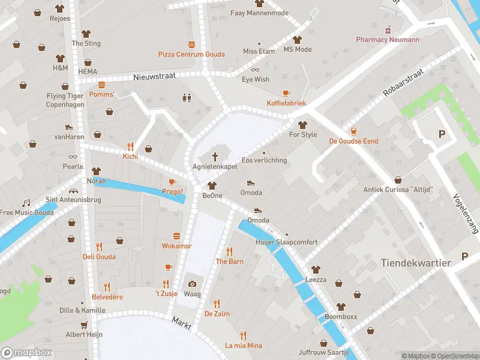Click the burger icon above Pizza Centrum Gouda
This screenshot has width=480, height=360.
point(191,44)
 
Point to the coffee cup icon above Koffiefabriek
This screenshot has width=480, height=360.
point(286,93)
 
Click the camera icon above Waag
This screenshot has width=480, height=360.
point(192,284)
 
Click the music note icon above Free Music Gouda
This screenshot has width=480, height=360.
point(26,203)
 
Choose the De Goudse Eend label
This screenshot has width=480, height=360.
point(353,141)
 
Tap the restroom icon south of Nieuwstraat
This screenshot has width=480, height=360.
point(186,98)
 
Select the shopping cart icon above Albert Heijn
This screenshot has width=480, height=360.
point(84,325)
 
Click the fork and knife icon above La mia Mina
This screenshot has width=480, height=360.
point(243,335)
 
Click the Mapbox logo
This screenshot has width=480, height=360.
point(25,353)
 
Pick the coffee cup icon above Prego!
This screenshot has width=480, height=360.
point(172,182)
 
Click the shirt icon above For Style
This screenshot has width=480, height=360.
point(302,125)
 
